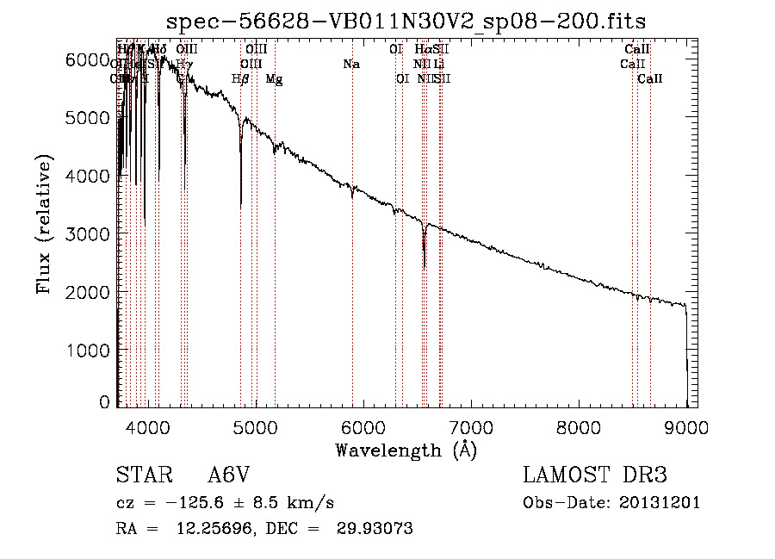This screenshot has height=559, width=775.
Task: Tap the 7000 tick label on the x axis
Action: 471,426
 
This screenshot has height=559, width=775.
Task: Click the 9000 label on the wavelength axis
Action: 686,426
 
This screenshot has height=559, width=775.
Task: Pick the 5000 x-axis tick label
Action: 255,426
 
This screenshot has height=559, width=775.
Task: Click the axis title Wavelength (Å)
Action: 405,450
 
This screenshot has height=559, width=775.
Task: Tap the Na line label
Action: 351,65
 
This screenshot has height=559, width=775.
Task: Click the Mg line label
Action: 274,79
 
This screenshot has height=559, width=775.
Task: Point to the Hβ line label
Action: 241,79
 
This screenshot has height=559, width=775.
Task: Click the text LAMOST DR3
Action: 595,475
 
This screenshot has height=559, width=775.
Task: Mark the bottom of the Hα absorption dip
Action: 425,267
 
